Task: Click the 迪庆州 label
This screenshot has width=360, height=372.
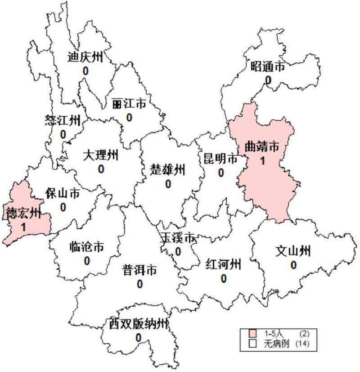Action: [x=85, y=57]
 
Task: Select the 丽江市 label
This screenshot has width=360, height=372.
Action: [x=129, y=104]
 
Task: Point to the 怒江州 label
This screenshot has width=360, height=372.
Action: [x=63, y=120]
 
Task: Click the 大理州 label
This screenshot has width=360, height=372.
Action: [x=101, y=155]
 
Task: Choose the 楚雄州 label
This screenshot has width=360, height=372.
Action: [x=168, y=170]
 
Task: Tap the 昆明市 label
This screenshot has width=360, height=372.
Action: [x=220, y=159]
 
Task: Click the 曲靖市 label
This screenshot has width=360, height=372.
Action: [x=261, y=146]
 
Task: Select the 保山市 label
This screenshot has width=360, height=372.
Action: [x=63, y=194]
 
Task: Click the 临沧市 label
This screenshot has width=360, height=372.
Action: [x=87, y=247]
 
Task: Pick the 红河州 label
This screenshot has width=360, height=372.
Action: [x=223, y=264]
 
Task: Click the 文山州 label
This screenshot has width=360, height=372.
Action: [x=293, y=251]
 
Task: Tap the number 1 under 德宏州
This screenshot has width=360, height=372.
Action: [x=23, y=226]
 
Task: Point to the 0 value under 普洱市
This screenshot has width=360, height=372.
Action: [x=140, y=284]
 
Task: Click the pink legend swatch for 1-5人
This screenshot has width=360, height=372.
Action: [x=253, y=334]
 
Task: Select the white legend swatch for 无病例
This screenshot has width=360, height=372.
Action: [x=253, y=344]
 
